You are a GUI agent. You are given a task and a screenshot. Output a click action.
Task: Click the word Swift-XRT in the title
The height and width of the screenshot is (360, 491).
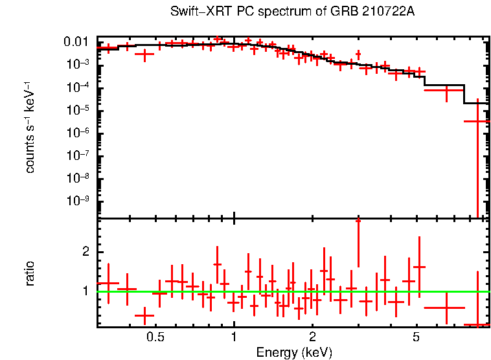click(194, 12)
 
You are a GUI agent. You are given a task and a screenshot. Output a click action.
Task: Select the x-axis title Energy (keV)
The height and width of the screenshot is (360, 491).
click(294, 353)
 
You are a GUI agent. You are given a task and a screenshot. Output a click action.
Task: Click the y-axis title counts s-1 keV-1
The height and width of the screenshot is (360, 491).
click(30, 127)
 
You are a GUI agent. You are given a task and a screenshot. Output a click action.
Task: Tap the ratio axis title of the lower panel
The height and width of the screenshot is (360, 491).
click(30, 273)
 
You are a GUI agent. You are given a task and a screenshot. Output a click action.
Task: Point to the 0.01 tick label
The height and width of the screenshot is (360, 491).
click(76, 43)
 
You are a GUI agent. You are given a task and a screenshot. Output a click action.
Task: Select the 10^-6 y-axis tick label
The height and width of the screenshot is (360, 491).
click(78, 133)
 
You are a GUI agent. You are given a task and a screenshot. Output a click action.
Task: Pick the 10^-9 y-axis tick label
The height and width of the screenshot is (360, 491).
click(78, 200)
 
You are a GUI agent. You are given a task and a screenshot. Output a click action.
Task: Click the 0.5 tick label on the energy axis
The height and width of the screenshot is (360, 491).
click(155, 337)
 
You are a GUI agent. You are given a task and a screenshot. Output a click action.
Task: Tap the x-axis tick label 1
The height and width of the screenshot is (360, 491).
click(234, 337)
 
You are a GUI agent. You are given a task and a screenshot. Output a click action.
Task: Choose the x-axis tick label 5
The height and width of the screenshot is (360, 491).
click(417, 337)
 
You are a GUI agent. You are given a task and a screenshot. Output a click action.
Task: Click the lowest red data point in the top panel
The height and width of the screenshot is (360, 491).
click(477, 121)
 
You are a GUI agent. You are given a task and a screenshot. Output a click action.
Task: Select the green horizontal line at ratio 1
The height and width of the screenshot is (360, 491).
click(291, 291)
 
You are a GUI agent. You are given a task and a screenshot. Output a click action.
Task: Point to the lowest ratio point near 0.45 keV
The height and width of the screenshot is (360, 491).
click(144, 316)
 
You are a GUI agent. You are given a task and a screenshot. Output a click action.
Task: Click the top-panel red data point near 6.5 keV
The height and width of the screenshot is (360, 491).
click(446, 91)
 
